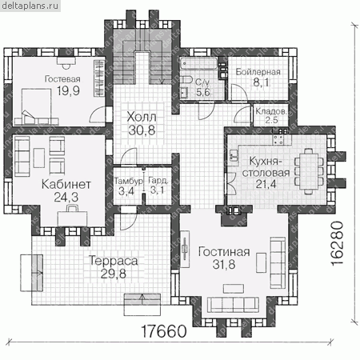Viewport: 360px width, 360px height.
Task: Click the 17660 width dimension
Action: point(163,331)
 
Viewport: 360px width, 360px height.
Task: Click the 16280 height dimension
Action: point(336,243)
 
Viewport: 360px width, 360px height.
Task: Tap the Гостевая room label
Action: point(62,79)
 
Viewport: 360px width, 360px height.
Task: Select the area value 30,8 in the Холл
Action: point(142,130)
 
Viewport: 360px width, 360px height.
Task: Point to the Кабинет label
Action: point(66,184)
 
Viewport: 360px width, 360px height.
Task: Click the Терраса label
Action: point(114,261)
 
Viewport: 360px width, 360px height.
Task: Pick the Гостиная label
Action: point(224,252)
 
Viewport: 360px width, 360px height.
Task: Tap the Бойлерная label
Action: point(258,72)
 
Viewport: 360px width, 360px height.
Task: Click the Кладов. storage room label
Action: point(271,111)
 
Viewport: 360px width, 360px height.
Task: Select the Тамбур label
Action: point(129,182)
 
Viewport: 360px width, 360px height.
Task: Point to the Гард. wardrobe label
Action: point(158,181)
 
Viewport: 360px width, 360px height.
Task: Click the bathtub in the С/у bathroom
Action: point(199,64)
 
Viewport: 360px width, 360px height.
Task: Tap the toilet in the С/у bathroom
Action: point(186,79)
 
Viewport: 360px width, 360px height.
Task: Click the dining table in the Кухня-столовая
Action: point(309,171)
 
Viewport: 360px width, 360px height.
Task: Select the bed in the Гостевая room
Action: point(36,106)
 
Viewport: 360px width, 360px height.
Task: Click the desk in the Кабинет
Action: point(73,218)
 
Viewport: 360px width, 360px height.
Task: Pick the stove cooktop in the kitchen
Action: point(278,139)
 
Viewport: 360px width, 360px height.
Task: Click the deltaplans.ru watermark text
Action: point(30,6)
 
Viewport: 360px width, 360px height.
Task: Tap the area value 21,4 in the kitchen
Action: point(266,184)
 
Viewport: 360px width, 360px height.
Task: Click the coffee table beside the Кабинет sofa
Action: point(39,158)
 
